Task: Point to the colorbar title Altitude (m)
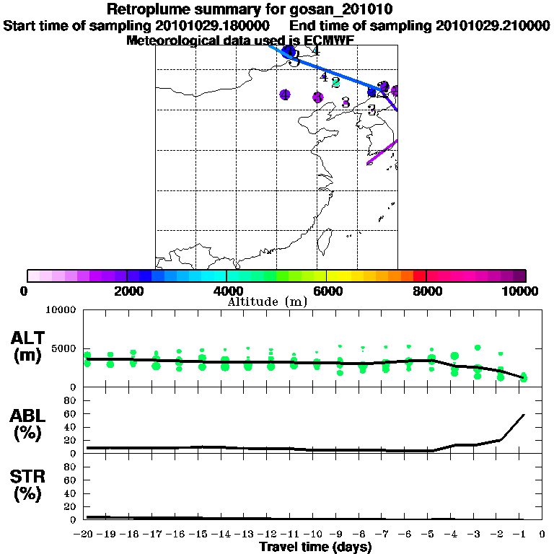pos(267,302)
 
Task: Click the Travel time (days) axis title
pos(315,548)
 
